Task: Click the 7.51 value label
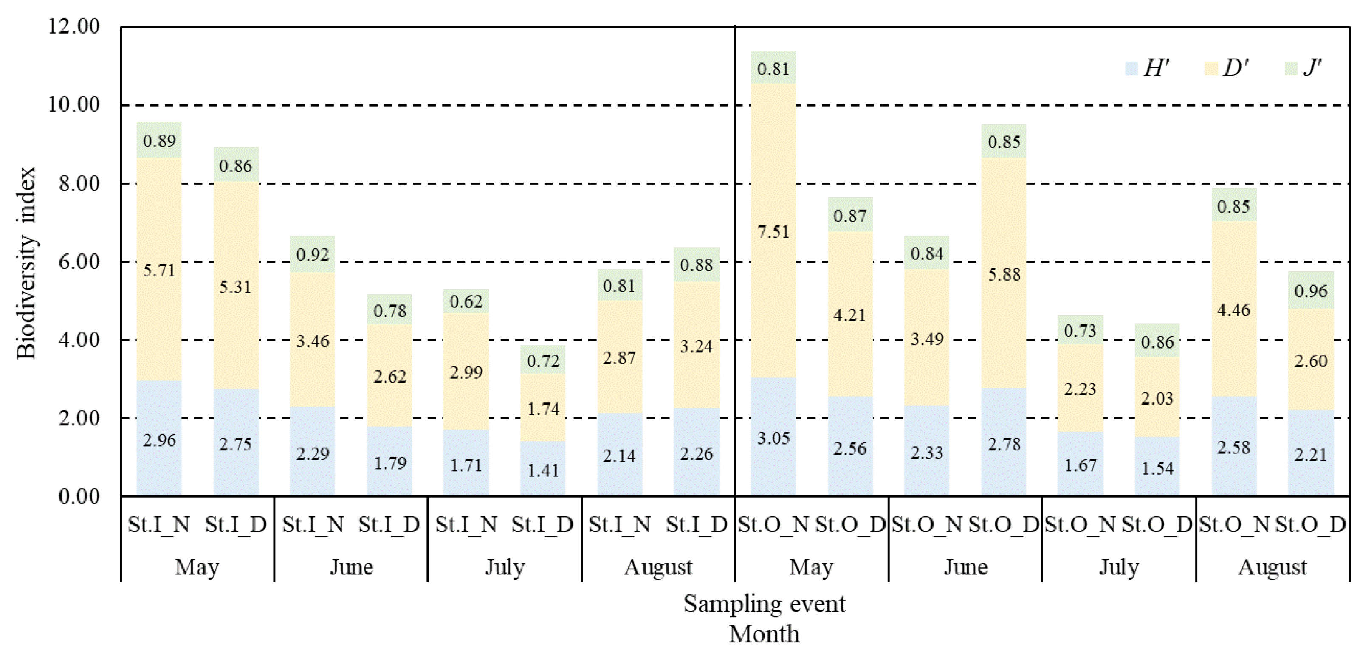tap(773, 231)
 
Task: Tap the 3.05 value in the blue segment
tap(773, 438)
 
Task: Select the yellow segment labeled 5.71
tap(159, 296)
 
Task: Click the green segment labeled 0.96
tap(1310, 291)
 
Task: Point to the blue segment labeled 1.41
tap(543, 469)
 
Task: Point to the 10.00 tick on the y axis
tap(74, 104)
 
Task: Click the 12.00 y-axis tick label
tap(74, 26)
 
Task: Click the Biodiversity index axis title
tap(25, 262)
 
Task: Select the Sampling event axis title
tap(764, 603)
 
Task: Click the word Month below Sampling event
tap(764, 633)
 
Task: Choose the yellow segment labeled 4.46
tap(1233, 310)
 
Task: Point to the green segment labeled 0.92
tap(313, 254)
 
